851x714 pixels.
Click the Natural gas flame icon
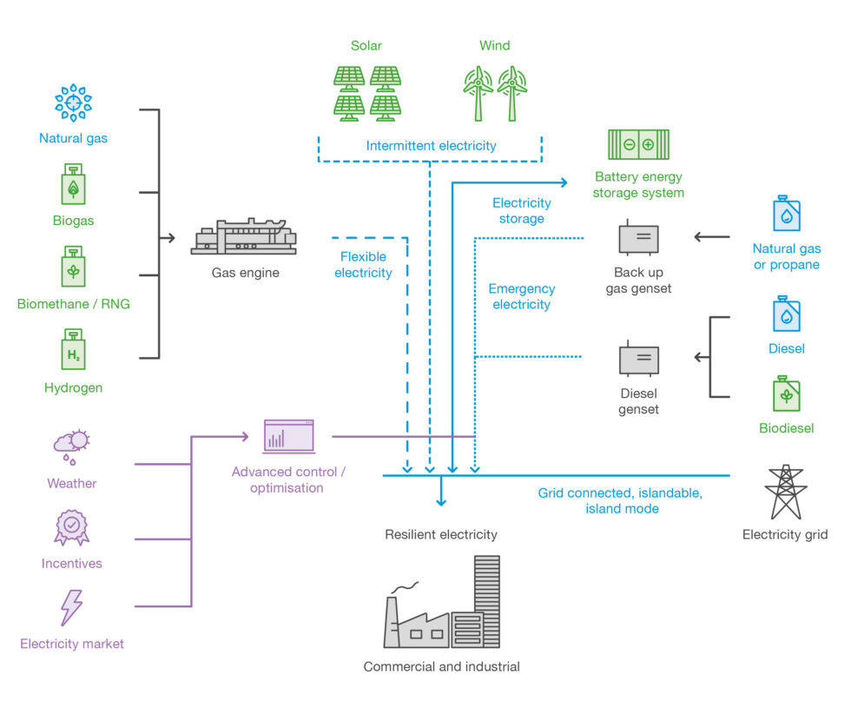[73, 102]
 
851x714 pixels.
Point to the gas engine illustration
[243, 236]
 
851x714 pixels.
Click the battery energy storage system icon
[638, 144]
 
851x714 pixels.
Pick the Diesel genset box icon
[638, 359]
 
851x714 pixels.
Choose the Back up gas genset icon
[638, 238]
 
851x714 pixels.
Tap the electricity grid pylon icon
[785, 492]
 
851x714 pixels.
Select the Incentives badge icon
[72, 527]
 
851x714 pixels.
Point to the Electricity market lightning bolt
[71, 607]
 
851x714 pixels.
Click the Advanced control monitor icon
[288, 436]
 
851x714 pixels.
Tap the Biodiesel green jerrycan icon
[786, 393]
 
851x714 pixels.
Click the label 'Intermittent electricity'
[431, 146]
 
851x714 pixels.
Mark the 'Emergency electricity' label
[521, 296]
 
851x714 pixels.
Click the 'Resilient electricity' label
[441, 534]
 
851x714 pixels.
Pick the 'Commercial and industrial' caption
[441, 667]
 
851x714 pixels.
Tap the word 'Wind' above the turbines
[494, 45]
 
